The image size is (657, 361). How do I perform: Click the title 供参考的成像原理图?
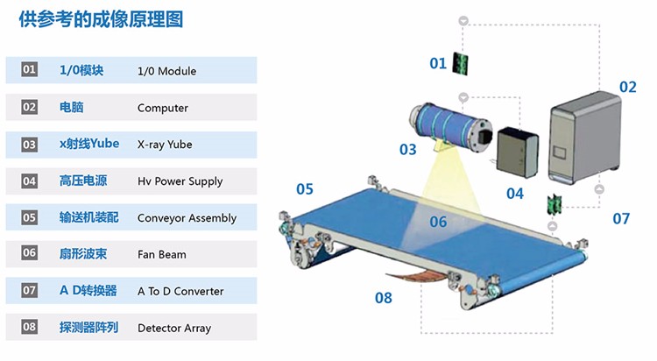point(102,19)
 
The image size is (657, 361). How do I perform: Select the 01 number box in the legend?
point(30,70)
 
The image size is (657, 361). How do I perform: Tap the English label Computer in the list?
point(163,108)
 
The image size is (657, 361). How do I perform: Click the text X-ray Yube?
point(165,145)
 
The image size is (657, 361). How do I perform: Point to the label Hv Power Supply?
point(180,181)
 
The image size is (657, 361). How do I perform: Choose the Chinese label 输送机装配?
point(88,217)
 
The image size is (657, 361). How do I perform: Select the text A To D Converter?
point(180,291)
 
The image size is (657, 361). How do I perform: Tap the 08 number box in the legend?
point(30,328)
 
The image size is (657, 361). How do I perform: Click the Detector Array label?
point(174,328)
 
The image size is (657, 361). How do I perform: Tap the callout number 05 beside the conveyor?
point(304,188)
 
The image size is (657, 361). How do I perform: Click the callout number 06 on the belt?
point(438,222)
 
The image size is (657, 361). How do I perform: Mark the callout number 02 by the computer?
point(627,87)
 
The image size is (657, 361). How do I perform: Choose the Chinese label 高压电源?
point(83,180)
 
